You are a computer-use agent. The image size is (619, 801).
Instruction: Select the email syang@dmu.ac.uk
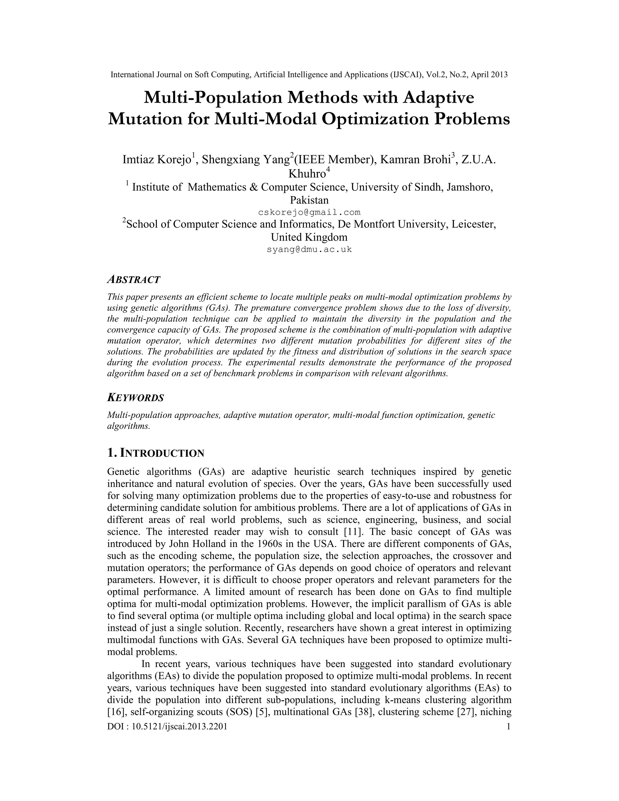point(309,249)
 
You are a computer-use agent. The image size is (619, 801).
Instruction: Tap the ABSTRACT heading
point(134,280)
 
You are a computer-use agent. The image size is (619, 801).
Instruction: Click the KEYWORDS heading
point(135,397)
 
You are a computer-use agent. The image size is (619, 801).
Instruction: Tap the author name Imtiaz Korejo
point(157,160)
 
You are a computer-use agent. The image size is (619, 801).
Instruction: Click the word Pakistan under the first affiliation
point(309,200)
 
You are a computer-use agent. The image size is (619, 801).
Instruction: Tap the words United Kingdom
point(309,237)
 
